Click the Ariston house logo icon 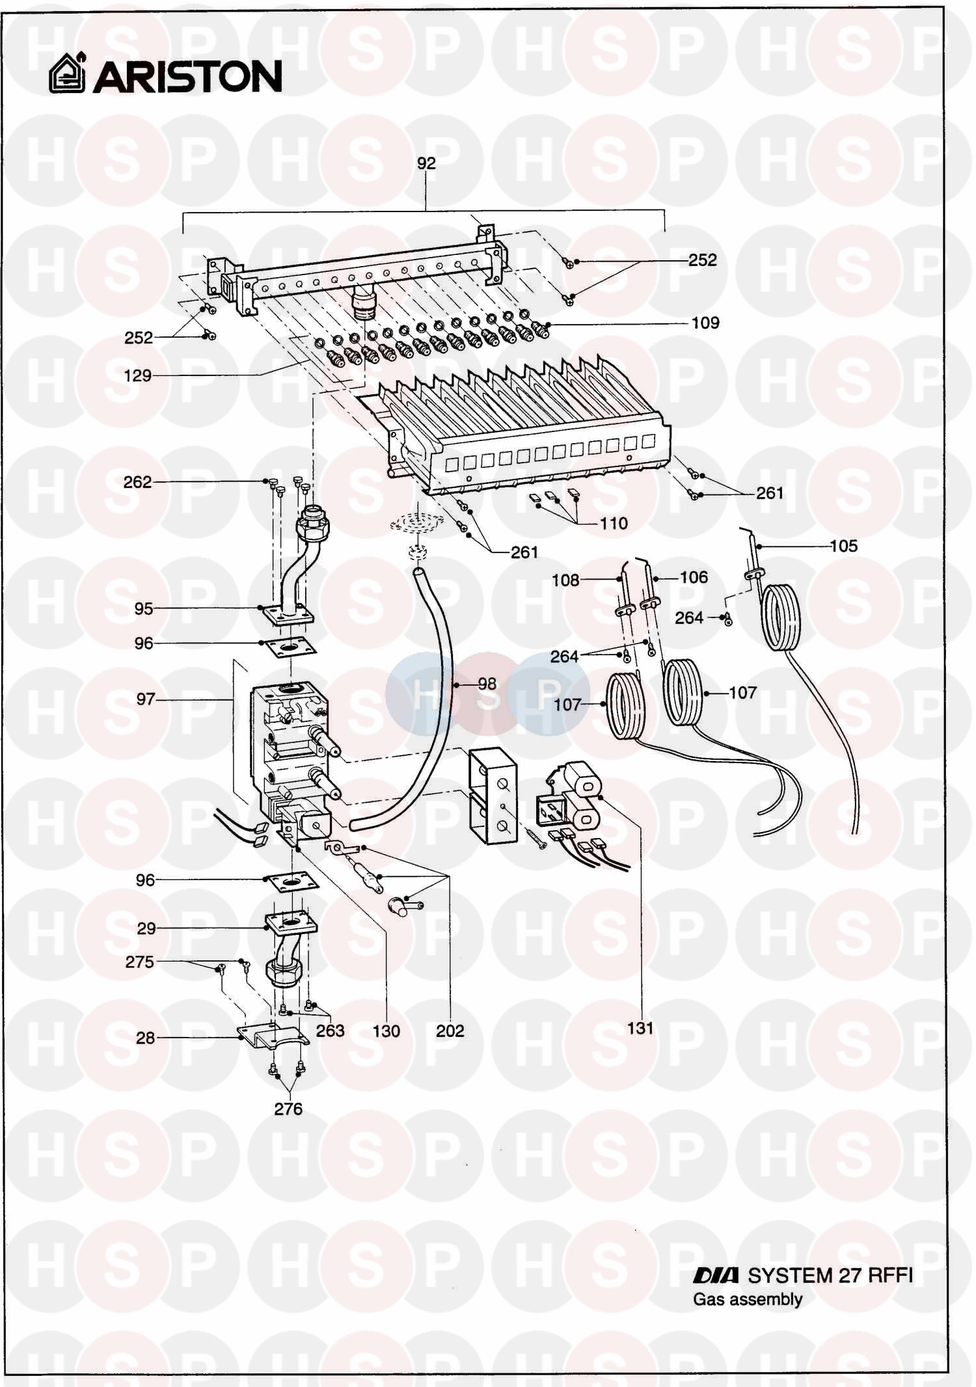click(x=68, y=74)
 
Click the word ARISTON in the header click(x=188, y=77)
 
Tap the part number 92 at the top click(x=426, y=163)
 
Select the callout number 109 click(x=705, y=323)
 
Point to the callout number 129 click(x=137, y=375)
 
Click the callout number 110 click(x=614, y=523)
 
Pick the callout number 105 click(x=843, y=546)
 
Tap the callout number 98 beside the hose click(x=487, y=684)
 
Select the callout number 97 click(x=146, y=699)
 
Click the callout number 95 click(x=144, y=609)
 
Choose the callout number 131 click(x=640, y=1028)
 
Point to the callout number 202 click(x=450, y=1030)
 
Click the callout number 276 click(x=288, y=1109)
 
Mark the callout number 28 click(x=146, y=1038)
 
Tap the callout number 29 click(x=146, y=928)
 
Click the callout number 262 click(x=137, y=482)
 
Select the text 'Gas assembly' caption click(x=747, y=1299)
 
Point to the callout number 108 click(x=565, y=580)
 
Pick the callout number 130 click(x=386, y=1030)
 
